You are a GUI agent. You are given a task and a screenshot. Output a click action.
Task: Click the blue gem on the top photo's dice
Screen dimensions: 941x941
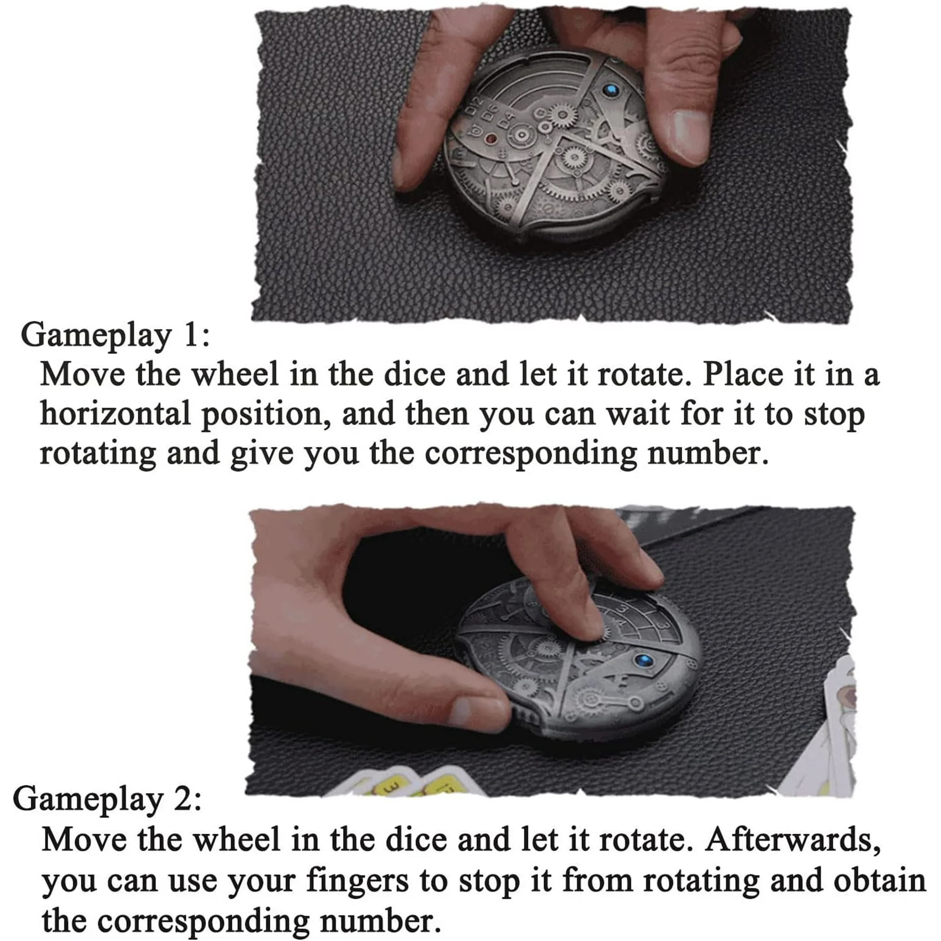(611, 90)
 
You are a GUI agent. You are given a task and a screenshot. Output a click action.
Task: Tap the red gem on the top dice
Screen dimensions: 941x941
(491, 139)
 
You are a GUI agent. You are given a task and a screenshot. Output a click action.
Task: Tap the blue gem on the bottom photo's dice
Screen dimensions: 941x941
(645, 660)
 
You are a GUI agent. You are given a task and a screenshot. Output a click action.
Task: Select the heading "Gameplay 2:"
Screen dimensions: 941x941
(107, 801)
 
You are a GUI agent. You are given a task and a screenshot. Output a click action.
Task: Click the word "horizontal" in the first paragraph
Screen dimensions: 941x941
(115, 414)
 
